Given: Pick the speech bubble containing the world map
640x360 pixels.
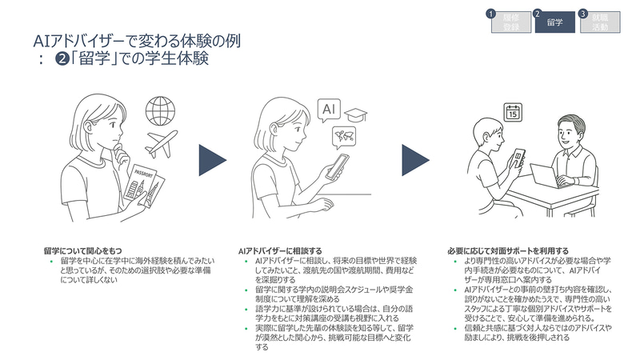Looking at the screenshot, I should coord(346,137).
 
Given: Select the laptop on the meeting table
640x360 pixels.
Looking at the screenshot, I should coord(545,174).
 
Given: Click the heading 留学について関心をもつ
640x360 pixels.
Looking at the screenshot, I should coord(88,250).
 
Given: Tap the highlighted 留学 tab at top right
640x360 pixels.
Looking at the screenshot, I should coord(554,23).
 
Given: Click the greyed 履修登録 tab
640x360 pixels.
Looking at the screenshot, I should coord(511,23).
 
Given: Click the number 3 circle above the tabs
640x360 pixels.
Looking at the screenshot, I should coord(582,14).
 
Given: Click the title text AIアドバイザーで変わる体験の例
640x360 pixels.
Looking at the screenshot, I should coord(137,40).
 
